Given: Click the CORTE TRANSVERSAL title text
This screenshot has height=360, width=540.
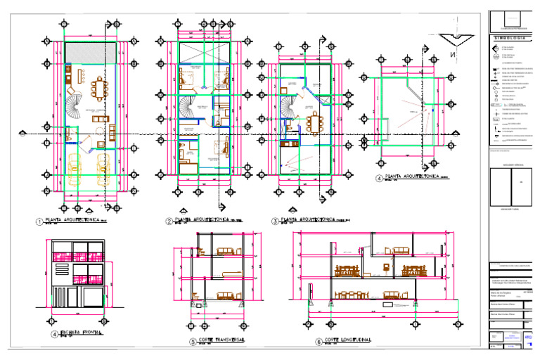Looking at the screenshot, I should point(222,340).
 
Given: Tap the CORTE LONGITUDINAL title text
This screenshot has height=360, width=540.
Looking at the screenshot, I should point(344,340).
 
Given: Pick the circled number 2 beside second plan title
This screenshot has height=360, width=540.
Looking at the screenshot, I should point(169,221).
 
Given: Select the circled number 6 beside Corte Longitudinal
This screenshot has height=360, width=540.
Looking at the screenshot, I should point(319,342).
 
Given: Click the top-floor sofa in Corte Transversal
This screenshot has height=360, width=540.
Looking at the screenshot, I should point(226,250).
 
